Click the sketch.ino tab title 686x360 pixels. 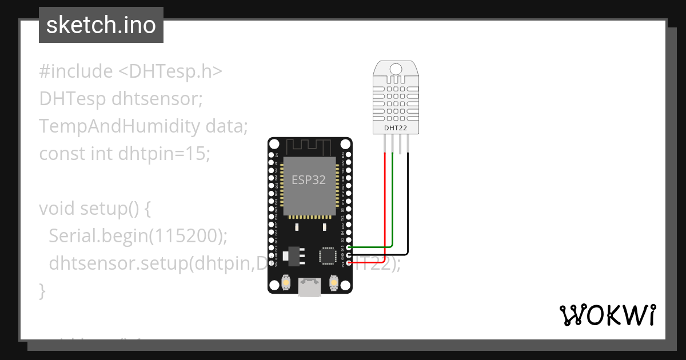tap(101, 26)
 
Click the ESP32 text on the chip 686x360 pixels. tap(309, 180)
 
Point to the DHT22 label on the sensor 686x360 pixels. tap(396, 129)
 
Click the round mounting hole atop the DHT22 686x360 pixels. tap(396, 69)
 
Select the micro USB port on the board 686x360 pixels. tap(310, 287)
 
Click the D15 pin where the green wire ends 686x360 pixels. tap(349, 247)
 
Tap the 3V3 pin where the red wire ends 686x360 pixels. tap(349, 263)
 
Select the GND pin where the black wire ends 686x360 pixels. tap(349, 255)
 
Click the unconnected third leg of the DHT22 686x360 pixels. tap(400, 146)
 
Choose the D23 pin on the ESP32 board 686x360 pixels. tap(349, 155)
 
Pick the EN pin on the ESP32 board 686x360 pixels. tap(271, 155)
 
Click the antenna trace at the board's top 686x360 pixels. tap(309, 146)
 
